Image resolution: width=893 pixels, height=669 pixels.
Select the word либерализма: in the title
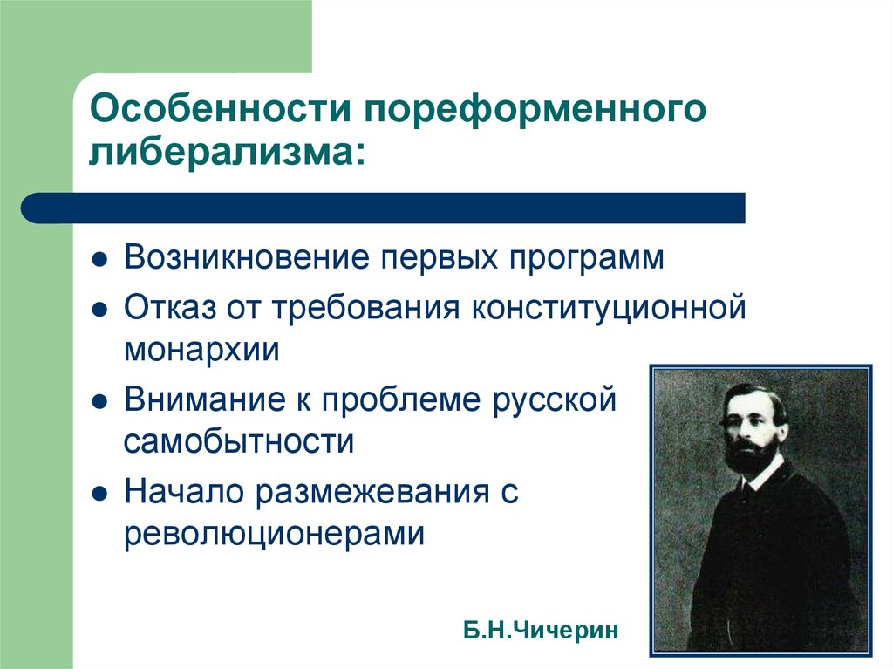(x=227, y=152)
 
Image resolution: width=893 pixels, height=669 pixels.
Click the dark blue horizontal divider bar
(x=383, y=208)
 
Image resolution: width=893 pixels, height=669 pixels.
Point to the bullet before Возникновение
(x=99, y=260)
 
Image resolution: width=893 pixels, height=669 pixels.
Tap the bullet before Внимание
(x=99, y=402)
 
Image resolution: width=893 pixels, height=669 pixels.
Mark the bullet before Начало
(x=99, y=494)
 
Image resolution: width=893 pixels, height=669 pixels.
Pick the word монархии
(x=201, y=350)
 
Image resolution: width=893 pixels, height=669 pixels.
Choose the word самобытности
(x=239, y=441)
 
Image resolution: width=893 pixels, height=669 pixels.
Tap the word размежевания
(x=372, y=492)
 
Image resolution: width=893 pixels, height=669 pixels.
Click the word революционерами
(x=275, y=535)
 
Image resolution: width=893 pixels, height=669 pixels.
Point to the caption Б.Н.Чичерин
(x=541, y=631)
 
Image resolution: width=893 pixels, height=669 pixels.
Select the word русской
(x=554, y=401)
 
